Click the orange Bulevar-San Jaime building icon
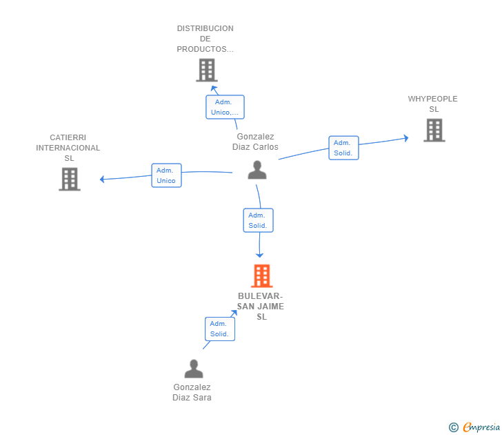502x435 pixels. point(261,276)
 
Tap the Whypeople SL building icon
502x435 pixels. point(434,130)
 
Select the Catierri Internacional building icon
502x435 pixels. point(69,179)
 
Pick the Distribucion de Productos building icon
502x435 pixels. point(206,70)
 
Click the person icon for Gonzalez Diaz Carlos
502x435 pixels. point(257,170)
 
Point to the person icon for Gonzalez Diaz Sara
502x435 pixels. point(194,369)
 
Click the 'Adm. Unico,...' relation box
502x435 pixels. point(225,107)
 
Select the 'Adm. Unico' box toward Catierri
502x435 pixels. point(166,175)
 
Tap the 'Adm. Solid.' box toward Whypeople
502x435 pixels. point(343,148)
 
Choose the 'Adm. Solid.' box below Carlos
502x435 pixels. point(259,220)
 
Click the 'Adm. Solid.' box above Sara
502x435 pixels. point(220,329)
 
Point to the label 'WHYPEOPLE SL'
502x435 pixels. point(433,104)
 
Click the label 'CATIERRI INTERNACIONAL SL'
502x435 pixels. point(68,148)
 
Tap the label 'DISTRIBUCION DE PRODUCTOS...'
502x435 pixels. point(205,39)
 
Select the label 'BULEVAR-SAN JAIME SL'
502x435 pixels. point(261,307)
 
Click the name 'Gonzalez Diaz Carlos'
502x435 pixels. point(255,142)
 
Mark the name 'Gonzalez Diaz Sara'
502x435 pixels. point(192,392)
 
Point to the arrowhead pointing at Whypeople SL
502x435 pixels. point(406,138)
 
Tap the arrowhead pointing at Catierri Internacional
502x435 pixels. point(102,180)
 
